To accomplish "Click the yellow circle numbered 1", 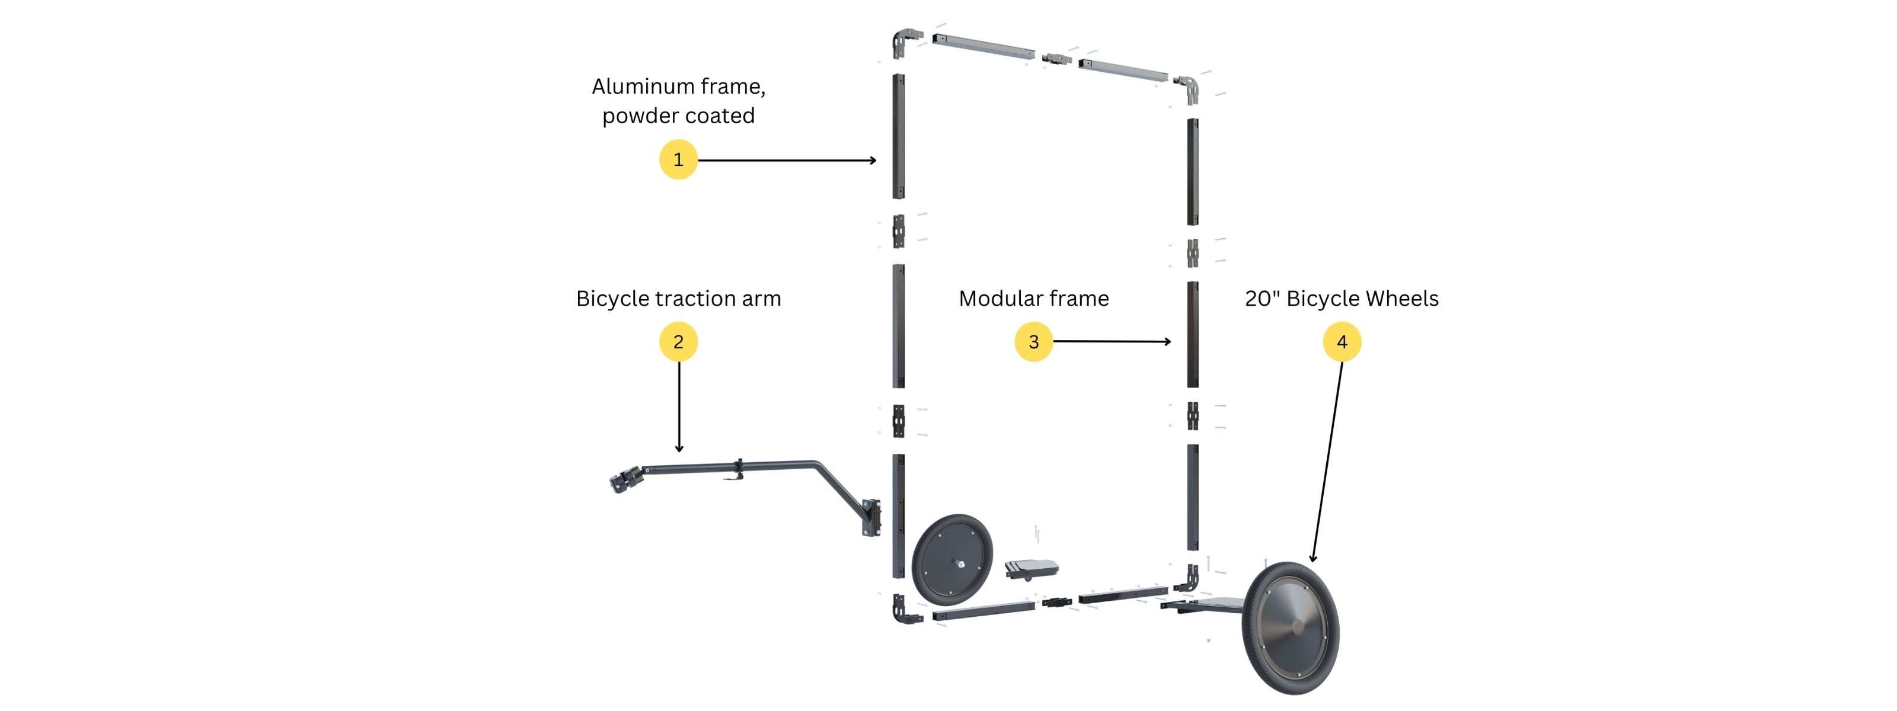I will click(678, 160).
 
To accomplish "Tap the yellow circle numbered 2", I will click(678, 341).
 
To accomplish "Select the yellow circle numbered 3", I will click(1033, 341).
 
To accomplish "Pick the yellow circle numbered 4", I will click(1341, 341).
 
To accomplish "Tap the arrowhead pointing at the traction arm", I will click(678, 449).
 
